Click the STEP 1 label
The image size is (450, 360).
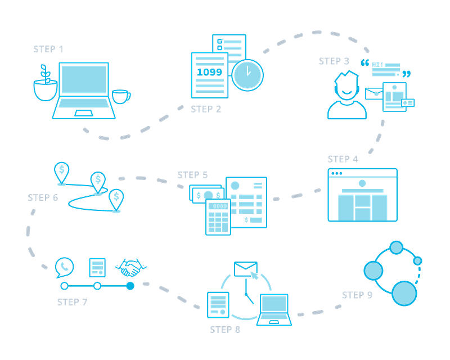[x=48, y=49]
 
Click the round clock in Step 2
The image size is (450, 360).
[x=248, y=75]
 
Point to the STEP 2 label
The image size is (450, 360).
[x=206, y=109]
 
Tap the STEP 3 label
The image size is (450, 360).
[x=334, y=61]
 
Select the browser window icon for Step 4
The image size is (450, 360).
[x=362, y=195]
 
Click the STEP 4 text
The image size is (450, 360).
[x=342, y=159]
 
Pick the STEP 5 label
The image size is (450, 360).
[x=192, y=175]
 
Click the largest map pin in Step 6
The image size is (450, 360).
[x=61, y=171]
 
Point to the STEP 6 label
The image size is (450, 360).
[x=42, y=197]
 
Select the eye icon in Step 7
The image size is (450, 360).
[x=130, y=266]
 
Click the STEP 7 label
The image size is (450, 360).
[x=72, y=301]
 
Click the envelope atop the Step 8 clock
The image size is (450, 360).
[x=245, y=267]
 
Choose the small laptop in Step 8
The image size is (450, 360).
[x=274, y=309]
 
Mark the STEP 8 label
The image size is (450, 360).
[x=226, y=329]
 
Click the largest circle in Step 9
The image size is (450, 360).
[x=403, y=292]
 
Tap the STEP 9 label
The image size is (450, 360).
[x=357, y=295]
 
